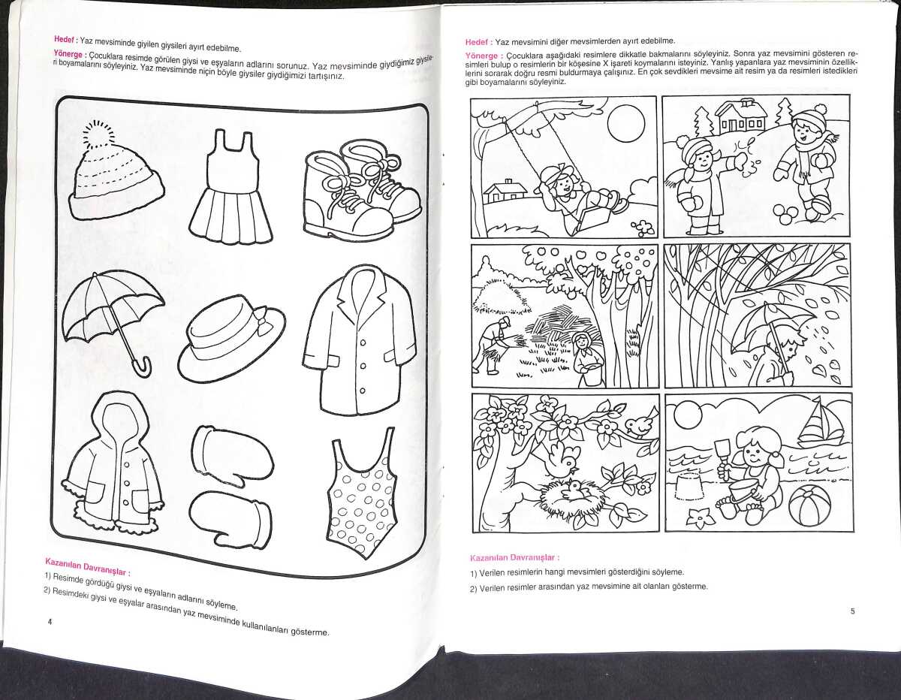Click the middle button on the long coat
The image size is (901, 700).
(363, 367)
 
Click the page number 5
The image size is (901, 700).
(852, 611)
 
